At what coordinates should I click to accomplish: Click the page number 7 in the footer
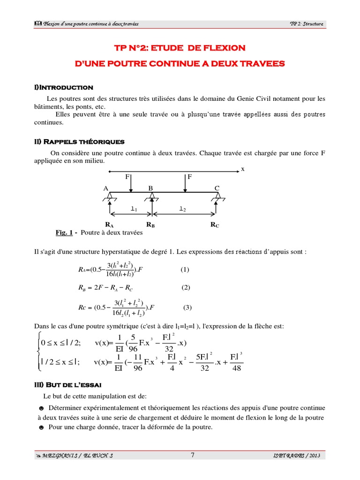[192, 455]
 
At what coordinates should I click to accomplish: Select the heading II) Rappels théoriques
[79, 142]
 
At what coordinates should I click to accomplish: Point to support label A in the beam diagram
[106, 188]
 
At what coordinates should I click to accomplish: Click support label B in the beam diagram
[151, 188]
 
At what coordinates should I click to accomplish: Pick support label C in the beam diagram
[217, 188]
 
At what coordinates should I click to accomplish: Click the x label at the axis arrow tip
[243, 169]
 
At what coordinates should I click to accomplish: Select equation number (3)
[187, 308]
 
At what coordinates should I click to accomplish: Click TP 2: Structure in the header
[307, 24]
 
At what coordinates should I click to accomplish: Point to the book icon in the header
[38, 24]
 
